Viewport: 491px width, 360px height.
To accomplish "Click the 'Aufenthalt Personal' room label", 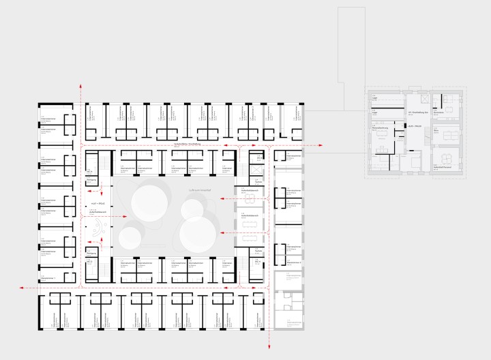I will pos(444,165).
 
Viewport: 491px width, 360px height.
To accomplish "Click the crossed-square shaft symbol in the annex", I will pos(417,96).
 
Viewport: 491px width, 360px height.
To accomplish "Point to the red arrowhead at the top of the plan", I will pos(81,86).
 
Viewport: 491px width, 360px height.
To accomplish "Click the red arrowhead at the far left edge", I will pos(22,288).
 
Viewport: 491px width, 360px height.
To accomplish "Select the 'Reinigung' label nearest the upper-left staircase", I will pos(91,179).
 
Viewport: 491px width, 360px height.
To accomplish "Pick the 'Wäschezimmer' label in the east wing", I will pos(293,262).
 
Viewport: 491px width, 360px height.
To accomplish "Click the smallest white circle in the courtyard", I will pos(128,238).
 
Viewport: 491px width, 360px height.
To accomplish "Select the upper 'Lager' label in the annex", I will pos(375,98).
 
